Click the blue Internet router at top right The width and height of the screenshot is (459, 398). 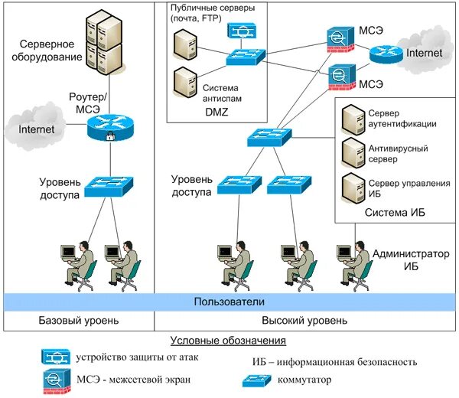(385, 54)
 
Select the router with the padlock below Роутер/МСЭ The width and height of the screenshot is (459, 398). (110, 127)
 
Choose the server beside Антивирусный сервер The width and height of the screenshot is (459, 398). (353, 152)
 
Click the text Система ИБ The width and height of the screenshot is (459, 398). (395, 212)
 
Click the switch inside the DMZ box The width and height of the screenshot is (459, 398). (246, 57)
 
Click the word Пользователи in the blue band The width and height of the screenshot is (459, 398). (228, 302)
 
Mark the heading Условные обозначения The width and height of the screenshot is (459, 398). (228, 340)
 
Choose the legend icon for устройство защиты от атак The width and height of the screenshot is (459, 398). (56, 357)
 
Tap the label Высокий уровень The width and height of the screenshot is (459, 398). (304, 321)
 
